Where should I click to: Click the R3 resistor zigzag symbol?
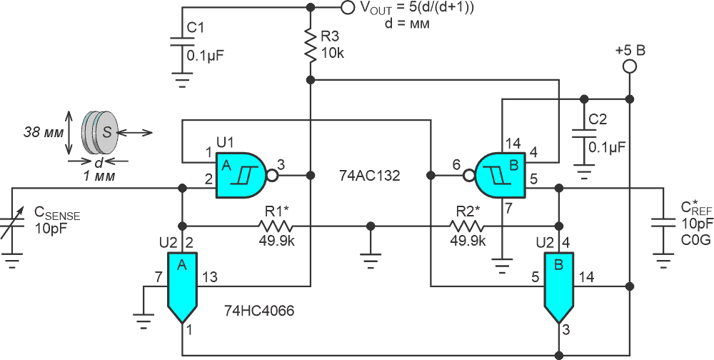point(311,46)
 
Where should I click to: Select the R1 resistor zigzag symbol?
point(276,226)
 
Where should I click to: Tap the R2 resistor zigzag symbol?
point(467,226)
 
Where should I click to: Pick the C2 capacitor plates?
point(584,134)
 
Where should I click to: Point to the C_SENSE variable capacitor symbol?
point(12,226)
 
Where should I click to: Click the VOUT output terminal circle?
point(347,7)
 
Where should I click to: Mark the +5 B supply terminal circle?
point(629,66)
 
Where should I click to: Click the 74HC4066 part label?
point(259,311)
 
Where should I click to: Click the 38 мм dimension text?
point(44,133)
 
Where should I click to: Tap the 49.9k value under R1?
point(276,241)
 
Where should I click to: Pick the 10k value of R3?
point(333,52)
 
